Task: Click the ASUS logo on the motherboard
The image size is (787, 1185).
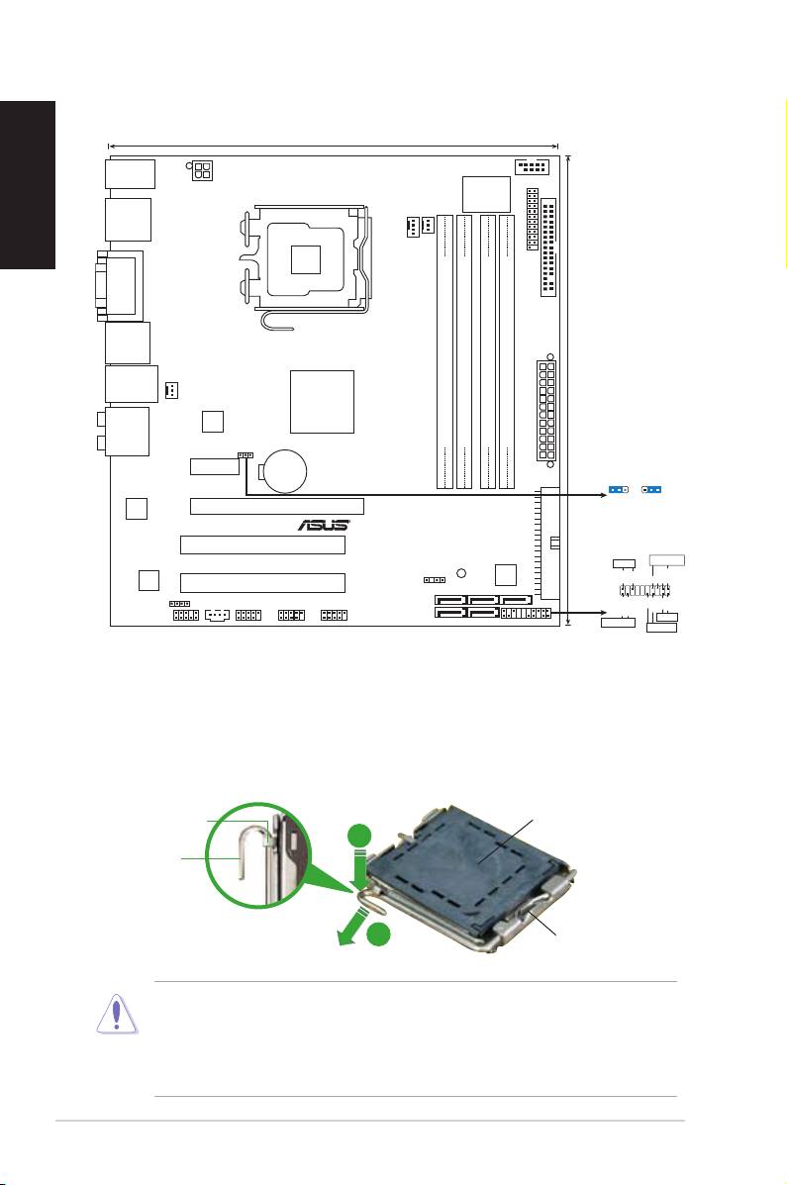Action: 323,525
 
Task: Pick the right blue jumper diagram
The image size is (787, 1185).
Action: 652,489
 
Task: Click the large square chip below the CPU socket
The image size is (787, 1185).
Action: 323,401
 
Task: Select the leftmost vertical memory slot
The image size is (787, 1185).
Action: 445,351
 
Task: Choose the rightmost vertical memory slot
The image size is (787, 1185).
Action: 507,351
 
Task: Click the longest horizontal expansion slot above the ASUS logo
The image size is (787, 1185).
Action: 277,506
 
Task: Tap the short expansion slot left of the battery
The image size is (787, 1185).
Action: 214,464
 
